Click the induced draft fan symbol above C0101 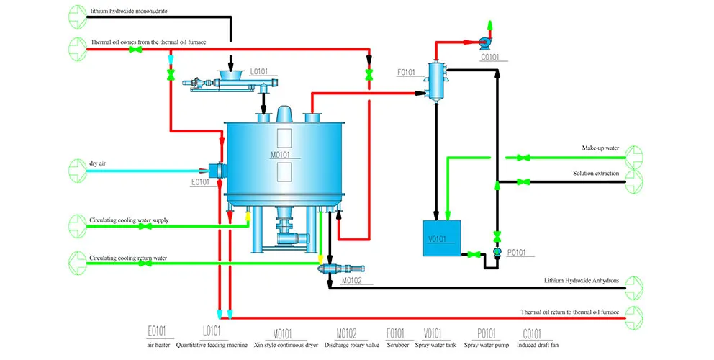click(x=485, y=43)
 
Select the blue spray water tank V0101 click(x=442, y=238)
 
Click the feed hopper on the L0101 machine click(x=231, y=75)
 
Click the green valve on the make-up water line click(x=523, y=158)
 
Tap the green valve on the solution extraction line click(x=523, y=182)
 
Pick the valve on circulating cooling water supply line click(x=145, y=226)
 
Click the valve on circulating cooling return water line click(x=145, y=263)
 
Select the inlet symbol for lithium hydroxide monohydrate click(x=78, y=17)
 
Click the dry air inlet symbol click(x=78, y=171)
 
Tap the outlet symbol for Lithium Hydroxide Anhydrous click(x=634, y=288)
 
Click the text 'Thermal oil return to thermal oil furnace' click(x=569, y=312)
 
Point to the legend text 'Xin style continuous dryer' click(x=286, y=345)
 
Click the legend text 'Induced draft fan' click(x=538, y=345)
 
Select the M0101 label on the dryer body click(x=280, y=155)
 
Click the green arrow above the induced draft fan click(x=490, y=25)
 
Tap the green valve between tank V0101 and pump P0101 click(x=474, y=254)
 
